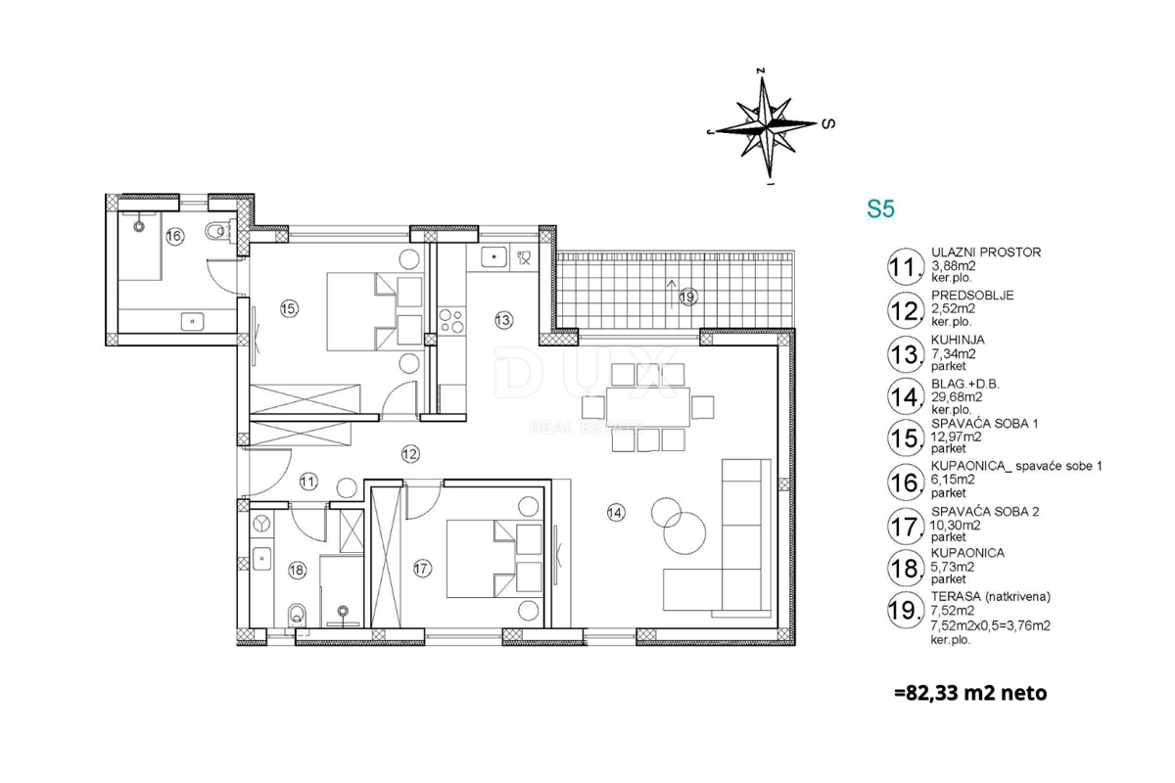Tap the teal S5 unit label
880,208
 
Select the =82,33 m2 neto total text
970,693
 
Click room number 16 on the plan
174,236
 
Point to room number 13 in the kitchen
503,320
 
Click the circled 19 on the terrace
687,297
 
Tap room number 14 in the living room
616,513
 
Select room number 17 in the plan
422,568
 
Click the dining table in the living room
648,407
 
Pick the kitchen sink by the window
494,257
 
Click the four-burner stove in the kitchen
451,321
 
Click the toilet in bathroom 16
216,231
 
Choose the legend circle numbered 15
906,438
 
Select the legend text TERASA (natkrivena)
991,596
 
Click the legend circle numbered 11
906,267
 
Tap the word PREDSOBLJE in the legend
972,296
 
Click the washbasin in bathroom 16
192,321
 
